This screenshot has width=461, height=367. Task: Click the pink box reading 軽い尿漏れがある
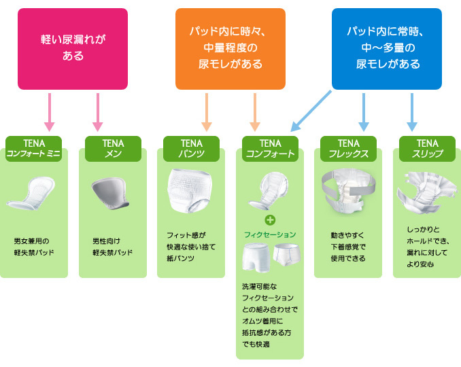[x=73, y=49]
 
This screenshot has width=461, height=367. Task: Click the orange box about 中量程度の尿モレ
[x=230, y=49]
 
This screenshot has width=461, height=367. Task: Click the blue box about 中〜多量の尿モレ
[x=387, y=49]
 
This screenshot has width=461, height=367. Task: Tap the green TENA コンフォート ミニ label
[x=34, y=149]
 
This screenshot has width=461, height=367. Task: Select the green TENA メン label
[x=113, y=149]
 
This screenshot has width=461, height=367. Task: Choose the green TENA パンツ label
[x=191, y=149]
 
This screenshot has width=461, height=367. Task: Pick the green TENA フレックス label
[x=349, y=149]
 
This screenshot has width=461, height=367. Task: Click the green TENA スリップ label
[x=427, y=149]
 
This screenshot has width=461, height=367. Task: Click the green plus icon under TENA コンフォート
[x=270, y=220]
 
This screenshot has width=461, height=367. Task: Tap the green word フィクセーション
[x=270, y=234]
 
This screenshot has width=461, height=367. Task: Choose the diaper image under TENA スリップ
[x=427, y=192]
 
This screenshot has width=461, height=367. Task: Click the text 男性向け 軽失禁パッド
[x=112, y=247]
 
